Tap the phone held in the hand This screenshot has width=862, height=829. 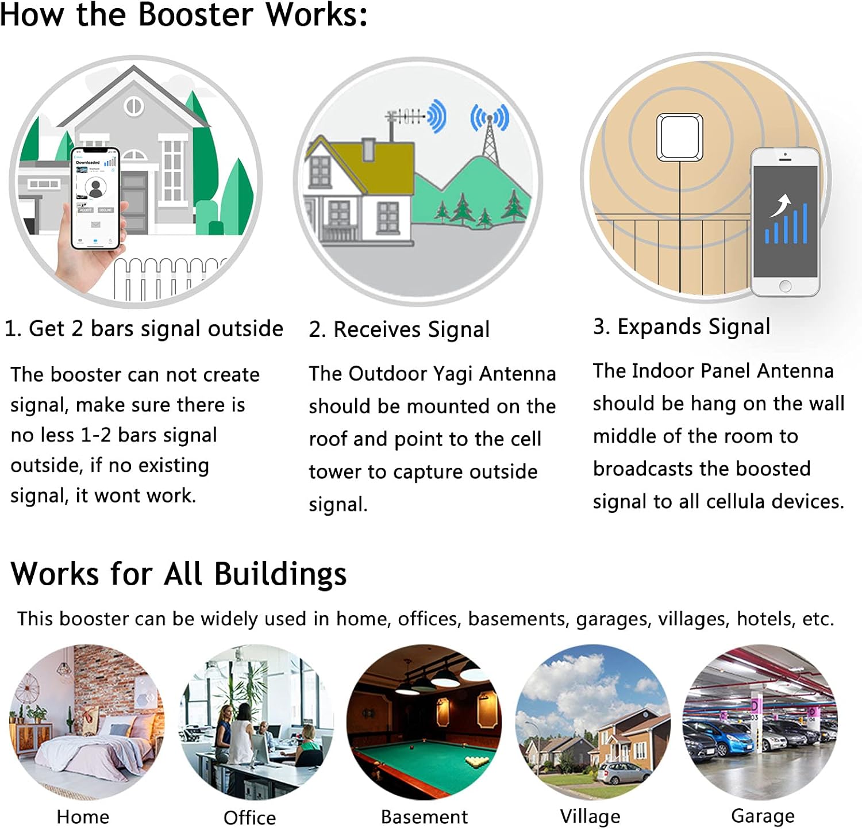(95, 198)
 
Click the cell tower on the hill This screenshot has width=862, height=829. (489, 138)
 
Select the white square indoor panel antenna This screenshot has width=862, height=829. (680, 137)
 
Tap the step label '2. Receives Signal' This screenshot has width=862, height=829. (399, 329)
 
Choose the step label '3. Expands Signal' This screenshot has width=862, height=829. (681, 327)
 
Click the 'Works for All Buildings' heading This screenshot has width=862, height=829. (179, 574)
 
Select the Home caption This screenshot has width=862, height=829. (83, 816)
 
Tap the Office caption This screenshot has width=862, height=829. (249, 817)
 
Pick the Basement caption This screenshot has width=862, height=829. (424, 816)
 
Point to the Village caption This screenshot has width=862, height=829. (590, 816)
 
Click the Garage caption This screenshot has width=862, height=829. (763, 815)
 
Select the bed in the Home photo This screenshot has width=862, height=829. (86, 759)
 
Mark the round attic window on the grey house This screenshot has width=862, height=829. (134, 107)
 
